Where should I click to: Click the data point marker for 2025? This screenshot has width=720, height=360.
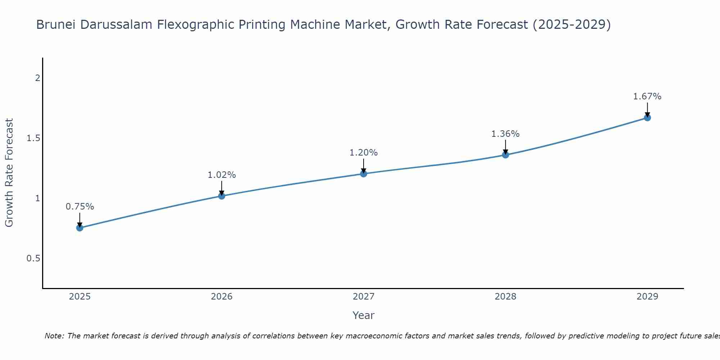[x=80, y=228]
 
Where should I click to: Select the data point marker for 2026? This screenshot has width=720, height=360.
[x=221, y=196]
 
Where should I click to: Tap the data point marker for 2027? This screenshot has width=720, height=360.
[x=364, y=174]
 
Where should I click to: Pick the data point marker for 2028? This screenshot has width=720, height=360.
[x=505, y=155]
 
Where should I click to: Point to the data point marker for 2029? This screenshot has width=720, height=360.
[x=647, y=118]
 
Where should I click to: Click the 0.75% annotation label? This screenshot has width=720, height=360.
[x=80, y=207]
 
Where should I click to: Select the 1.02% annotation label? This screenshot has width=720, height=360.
[x=221, y=175]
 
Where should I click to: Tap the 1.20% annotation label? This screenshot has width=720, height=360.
[x=364, y=153]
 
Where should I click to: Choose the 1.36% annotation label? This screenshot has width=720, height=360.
[x=505, y=134]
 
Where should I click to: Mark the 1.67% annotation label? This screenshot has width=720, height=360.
[x=647, y=96]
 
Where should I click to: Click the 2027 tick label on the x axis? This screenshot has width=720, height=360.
[x=364, y=297]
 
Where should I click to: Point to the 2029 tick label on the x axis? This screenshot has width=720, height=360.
[x=647, y=297]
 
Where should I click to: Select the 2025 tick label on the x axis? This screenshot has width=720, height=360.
[x=80, y=297]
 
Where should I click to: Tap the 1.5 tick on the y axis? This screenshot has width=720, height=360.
[x=33, y=138]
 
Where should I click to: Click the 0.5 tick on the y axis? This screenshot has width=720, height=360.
[x=33, y=258]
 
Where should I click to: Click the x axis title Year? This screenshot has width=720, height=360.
[x=364, y=315]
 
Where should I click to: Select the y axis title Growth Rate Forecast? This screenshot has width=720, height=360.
[x=9, y=173]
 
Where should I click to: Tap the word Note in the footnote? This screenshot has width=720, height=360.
[x=54, y=336]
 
